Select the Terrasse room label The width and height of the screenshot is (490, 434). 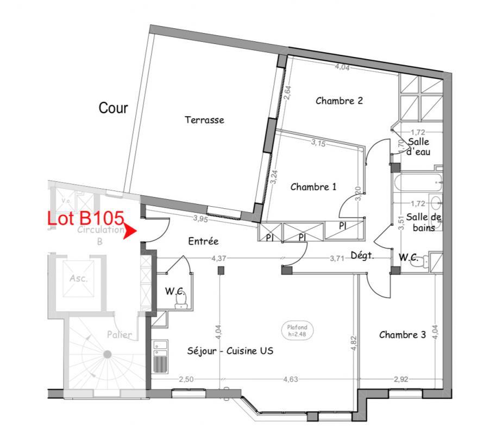click(x=204, y=120)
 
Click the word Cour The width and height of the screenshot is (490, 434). click(x=113, y=108)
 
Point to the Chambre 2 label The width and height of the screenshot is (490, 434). click(x=339, y=100)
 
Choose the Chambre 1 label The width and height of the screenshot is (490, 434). click(x=313, y=187)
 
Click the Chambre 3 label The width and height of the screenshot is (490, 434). click(x=402, y=335)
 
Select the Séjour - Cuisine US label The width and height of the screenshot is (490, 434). click(x=230, y=351)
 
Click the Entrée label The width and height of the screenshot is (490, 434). click(x=204, y=241)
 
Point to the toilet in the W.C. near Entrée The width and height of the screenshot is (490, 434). click(x=183, y=299)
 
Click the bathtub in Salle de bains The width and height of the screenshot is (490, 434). click(x=408, y=183)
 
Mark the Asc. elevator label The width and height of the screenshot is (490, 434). click(x=78, y=279)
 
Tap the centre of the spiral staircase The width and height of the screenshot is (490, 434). click(x=107, y=354)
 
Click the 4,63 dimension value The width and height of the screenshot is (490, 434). click(x=290, y=379)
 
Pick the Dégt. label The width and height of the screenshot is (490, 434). click(x=362, y=256)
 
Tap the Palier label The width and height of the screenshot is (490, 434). click(x=119, y=335)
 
